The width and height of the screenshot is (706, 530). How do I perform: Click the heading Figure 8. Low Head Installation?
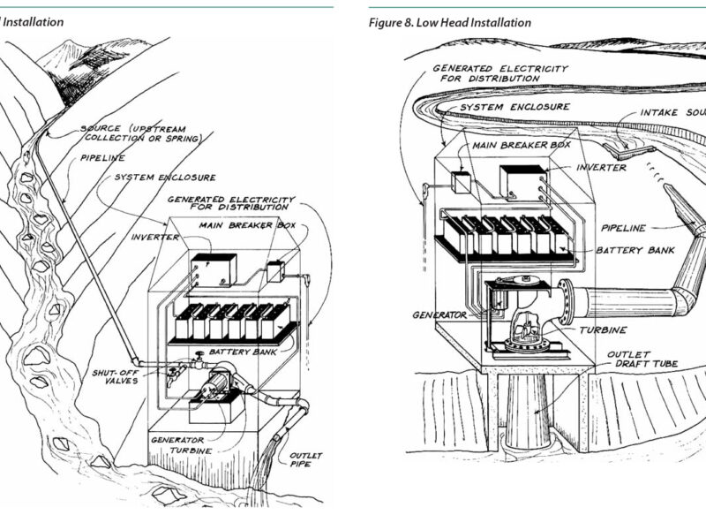click(x=450, y=23)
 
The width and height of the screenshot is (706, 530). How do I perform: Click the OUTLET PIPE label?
click(x=305, y=461)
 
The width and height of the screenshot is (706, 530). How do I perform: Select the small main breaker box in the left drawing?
click(x=274, y=271)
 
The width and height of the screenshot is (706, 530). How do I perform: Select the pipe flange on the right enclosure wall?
click(x=566, y=300)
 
